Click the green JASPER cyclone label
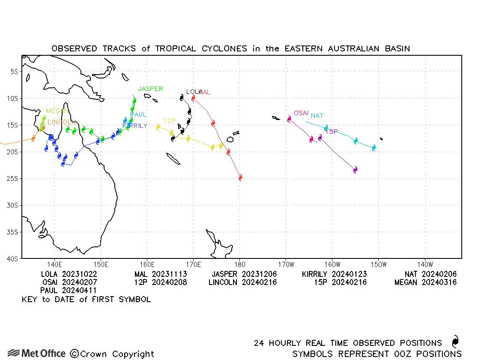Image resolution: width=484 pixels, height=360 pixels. [x=150, y=89]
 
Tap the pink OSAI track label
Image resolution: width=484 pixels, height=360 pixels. [x=301, y=113]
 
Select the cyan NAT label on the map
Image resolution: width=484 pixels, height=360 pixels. [x=317, y=116]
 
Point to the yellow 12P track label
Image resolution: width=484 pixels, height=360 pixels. [x=170, y=121]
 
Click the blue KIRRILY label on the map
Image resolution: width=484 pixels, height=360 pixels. [x=135, y=126]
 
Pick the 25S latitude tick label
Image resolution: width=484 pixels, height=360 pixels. [x=12, y=178]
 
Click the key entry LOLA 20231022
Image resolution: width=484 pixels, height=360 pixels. [x=69, y=274]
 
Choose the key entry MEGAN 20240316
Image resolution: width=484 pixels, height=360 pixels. [x=425, y=282]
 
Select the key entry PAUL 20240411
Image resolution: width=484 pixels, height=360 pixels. [x=72, y=291]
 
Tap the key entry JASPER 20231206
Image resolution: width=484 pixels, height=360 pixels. [x=244, y=274]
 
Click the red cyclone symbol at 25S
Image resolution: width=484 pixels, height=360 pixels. [x=240, y=177]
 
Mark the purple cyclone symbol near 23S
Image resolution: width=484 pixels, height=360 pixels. [x=355, y=170]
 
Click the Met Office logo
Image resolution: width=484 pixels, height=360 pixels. [x=37, y=353]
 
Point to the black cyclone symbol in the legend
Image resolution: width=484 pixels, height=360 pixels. [x=455, y=342]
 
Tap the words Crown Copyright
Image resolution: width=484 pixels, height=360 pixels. [x=112, y=354]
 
